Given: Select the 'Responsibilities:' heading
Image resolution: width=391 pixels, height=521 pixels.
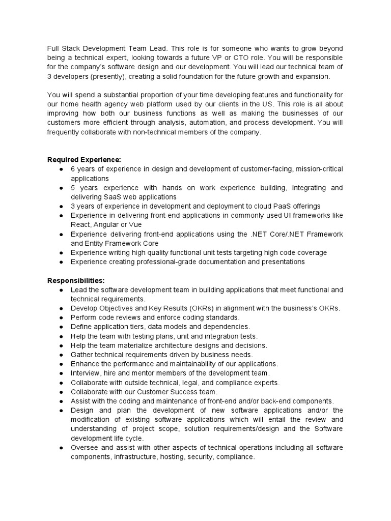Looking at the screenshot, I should [x=76, y=280].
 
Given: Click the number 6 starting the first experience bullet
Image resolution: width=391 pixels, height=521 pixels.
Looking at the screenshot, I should [x=73, y=169].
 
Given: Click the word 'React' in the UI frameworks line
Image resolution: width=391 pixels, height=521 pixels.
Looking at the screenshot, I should [x=80, y=224].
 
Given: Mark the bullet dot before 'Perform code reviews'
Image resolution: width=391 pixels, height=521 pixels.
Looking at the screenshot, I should [x=61, y=317].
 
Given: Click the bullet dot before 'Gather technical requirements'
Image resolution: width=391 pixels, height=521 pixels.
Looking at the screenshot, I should [x=61, y=355].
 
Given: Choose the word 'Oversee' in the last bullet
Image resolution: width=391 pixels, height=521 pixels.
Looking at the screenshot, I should [x=85, y=448].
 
